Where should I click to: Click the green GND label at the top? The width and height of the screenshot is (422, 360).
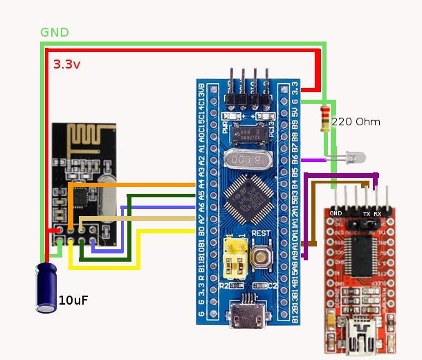tap(55, 33)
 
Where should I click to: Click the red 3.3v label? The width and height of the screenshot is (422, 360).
tap(66, 64)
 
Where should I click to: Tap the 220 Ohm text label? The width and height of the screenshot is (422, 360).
tap(356, 122)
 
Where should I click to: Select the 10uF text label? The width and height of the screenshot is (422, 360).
tap(73, 300)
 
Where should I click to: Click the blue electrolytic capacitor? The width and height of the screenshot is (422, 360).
tap(47, 286)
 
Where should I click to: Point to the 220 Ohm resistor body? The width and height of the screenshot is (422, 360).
tap(325, 118)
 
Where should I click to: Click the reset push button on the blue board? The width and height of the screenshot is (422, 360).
tap(262, 256)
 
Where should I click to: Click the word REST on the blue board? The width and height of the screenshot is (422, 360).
tap(260, 233)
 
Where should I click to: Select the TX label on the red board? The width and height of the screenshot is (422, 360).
tap(366, 214)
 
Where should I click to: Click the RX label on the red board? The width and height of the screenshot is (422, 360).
tap(378, 214)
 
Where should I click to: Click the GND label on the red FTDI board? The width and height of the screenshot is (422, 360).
tap(337, 213)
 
